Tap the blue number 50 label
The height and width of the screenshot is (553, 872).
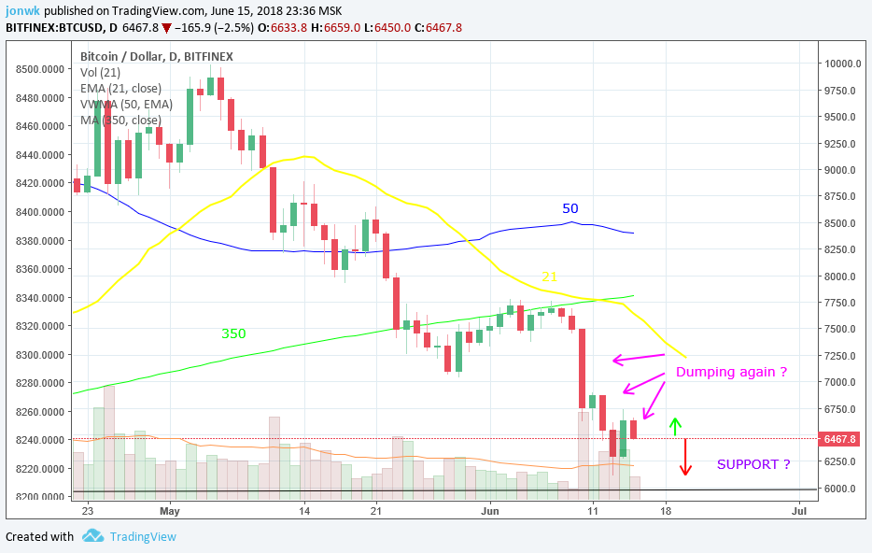click(570, 207)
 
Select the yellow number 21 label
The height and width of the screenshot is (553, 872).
click(551, 277)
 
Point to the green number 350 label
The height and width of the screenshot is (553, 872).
click(233, 333)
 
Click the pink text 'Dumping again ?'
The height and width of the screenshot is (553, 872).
click(731, 372)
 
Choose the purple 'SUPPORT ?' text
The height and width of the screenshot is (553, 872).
click(753, 464)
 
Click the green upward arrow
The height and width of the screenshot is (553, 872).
click(674, 427)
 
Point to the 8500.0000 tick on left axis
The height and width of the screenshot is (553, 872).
click(41, 69)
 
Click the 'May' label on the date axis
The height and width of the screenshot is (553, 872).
click(169, 511)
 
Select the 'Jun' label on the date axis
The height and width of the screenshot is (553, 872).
click(491, 511)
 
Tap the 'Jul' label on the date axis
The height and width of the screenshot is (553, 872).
click(798, 511)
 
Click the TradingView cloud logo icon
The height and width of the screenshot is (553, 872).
click(92, 536)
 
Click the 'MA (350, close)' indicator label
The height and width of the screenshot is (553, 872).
click(120, 120)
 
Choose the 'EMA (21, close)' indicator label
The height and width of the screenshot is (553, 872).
click(121, 88)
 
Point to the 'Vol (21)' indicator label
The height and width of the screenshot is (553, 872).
click(101, 72)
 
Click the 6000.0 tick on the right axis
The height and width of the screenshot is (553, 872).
click(840, 489)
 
